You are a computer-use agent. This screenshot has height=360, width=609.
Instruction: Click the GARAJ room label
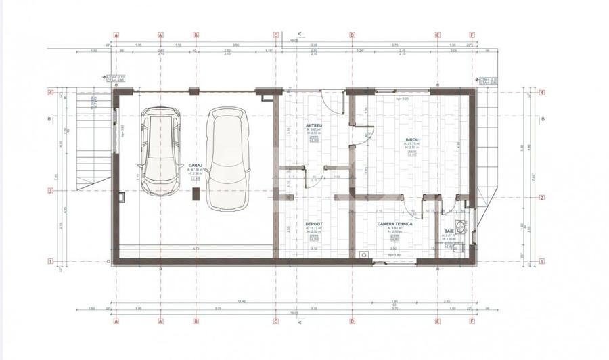[x=196, y=164]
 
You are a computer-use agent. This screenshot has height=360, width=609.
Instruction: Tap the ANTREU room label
[x=314, y=125]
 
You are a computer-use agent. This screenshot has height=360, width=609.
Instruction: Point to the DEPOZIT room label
[x=313, y=223]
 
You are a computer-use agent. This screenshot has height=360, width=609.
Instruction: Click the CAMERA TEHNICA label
[x=395, y=223]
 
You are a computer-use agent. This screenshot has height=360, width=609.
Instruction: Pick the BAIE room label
[x=449, y=231]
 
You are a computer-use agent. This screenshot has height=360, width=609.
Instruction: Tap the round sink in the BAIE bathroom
[x=461, y=227]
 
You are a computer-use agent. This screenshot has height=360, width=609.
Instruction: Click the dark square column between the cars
[x=196, y=194]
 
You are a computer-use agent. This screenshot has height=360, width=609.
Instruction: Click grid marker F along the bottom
[x=472, y=321]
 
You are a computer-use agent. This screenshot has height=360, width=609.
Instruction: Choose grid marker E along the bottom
[x=438, y=321]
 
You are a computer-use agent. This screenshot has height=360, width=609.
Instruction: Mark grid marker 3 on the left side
[x=50, y=191]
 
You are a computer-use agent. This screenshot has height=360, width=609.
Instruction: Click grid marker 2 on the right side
[x=541, y=198]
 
